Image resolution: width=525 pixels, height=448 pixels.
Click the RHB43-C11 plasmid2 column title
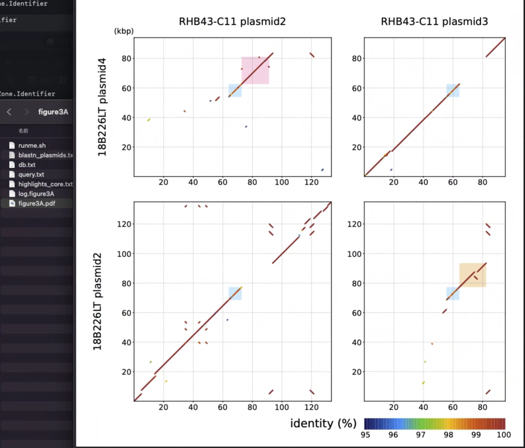(232, 22)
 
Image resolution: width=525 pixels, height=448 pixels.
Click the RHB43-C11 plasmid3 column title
(434, 22)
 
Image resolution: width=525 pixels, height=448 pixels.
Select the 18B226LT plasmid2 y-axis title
(98, 302)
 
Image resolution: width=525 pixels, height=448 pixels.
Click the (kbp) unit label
(123, 31)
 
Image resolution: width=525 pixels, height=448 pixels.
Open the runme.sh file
(32, 145)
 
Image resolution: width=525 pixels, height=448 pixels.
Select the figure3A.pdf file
(37, 203)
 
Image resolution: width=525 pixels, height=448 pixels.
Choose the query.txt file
(31, 175)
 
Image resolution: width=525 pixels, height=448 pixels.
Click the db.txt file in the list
(27, 165)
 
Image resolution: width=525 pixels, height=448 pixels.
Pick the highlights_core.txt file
(45, 184)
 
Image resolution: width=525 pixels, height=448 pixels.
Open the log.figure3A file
(36, 194)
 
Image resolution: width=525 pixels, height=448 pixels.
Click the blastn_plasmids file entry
(45, 155)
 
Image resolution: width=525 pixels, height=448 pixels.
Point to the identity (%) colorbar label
(323, 423)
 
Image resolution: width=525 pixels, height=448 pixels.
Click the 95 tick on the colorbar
(365, 434)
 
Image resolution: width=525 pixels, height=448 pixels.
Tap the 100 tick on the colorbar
(504, 434)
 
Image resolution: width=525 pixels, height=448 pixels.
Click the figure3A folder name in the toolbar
(53, 112)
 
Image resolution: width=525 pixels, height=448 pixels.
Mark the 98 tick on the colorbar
(449, 434)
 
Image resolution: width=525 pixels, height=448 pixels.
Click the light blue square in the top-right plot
(453, 90)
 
